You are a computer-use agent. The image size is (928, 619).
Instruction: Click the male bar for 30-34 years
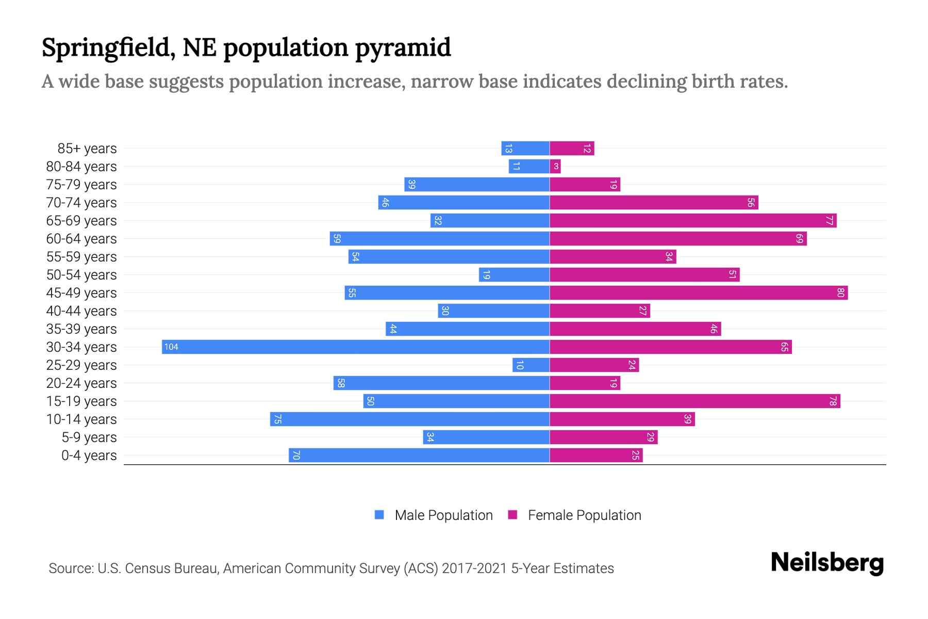[356, 347]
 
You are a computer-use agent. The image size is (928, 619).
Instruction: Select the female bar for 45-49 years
[699, 292]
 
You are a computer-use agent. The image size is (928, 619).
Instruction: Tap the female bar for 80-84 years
[555, 166]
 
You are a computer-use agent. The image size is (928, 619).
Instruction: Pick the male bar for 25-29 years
[531, 365]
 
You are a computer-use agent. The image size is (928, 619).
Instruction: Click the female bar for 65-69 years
[693, 220]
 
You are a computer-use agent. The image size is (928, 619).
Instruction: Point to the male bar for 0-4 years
[419, 455]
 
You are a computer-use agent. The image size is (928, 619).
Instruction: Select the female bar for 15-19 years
[695, 401]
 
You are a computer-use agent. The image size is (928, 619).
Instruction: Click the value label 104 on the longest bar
[171, 347]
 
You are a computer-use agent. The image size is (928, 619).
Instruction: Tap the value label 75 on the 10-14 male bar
[277, 419]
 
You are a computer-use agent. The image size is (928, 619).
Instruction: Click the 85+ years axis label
[87, 149]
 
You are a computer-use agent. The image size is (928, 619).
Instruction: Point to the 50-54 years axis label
[81, 275]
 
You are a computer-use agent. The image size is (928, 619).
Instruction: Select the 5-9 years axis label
[89, 437]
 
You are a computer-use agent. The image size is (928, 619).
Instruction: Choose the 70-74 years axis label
[81, 203]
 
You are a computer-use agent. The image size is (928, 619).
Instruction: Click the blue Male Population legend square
[379, 515]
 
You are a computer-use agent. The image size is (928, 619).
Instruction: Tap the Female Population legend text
[584, 515]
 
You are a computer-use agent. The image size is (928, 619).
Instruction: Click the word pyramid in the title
[403, 48]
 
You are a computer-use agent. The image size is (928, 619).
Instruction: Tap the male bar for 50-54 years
[514, 274]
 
